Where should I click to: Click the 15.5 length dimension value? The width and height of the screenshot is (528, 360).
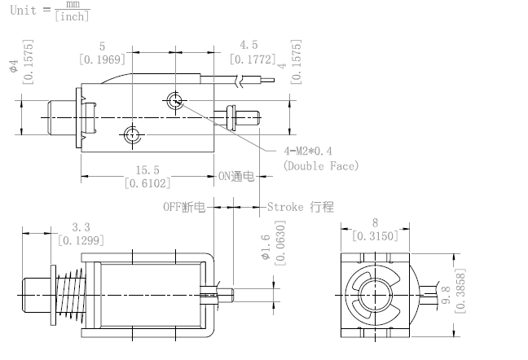[148, 169]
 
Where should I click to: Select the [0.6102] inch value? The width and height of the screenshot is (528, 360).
[148, 183]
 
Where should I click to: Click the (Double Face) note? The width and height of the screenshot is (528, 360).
[320, 166]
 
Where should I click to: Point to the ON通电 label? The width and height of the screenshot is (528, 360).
[237, 176]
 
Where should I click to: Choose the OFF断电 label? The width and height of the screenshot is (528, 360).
[183, 207]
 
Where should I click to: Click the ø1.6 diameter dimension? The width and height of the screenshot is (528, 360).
[266, 247]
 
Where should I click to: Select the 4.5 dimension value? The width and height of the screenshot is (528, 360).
[249, 46]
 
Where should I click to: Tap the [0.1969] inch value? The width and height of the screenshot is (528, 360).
[102, 59]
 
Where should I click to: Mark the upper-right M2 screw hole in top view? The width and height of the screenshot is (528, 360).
[174, 100]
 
